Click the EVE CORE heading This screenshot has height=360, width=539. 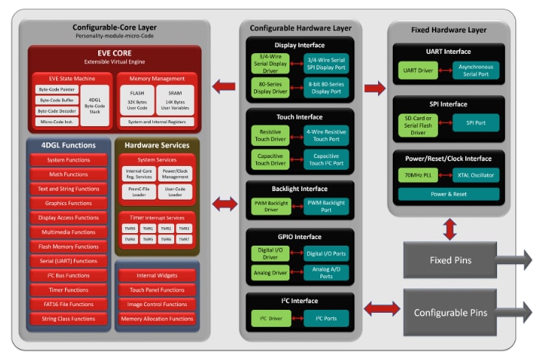coord(114,54)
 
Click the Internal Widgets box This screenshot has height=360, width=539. coord(156,275)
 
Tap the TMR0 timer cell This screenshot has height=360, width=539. coord(130,229)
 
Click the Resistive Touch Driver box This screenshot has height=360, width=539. coord(270,135)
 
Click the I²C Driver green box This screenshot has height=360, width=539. coord(270,319)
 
